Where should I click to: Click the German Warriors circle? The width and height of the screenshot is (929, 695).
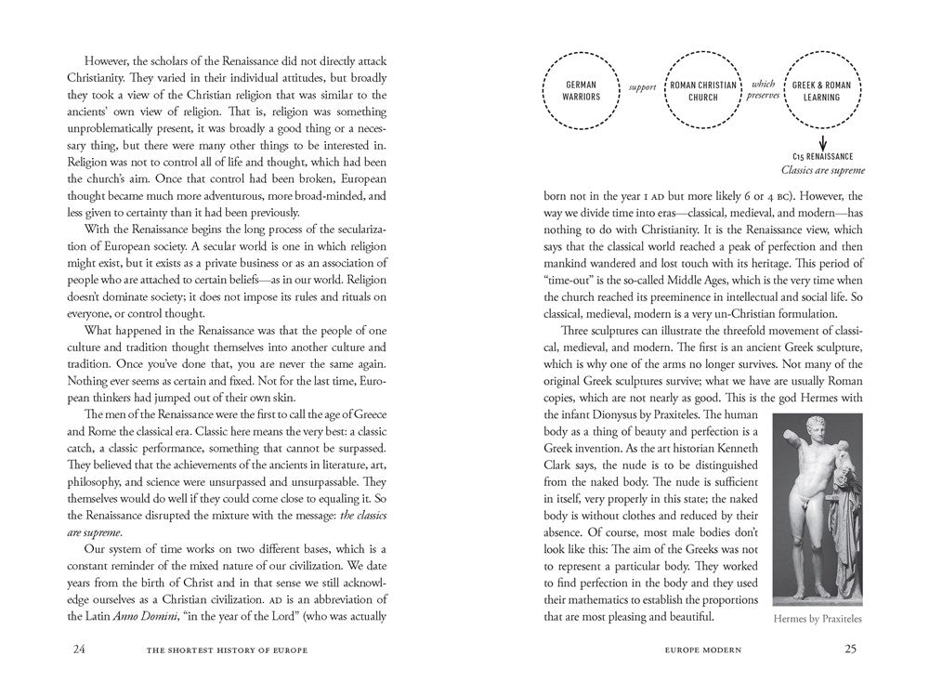pos(583,90)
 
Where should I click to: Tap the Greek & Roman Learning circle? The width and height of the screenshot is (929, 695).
pos(822,90)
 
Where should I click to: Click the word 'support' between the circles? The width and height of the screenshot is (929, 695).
pos(643,87)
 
